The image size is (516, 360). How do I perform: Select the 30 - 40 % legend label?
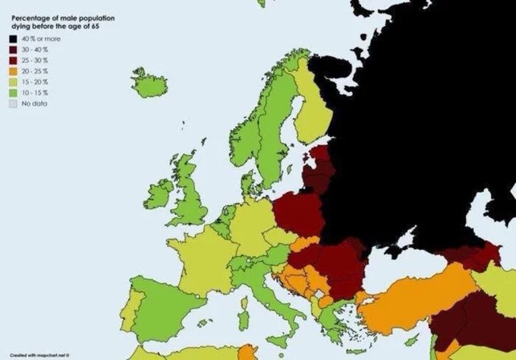(36, 48)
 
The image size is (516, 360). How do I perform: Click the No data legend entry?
(34, 103)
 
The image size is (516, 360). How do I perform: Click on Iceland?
(149, 84)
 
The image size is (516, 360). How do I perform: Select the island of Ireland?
(160, 194)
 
